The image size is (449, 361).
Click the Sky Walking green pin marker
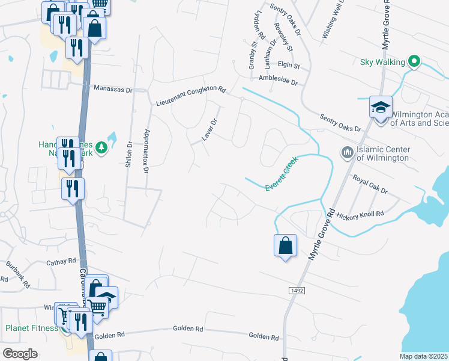pyautogui.click(x=414, y=61)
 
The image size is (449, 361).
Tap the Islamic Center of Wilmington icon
pyautogui.click(x=346, y=153)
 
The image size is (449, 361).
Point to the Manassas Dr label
pyautogui.click(x=113, y=88)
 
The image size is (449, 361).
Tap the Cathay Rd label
pyautogui.click(x=62, y=262)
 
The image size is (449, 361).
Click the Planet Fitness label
pyautogui.click(x=31, y=329)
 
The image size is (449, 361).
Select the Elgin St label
pyautogui.click(x=288, y=65)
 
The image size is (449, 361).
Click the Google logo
pyautogui.click(x=20, y=354)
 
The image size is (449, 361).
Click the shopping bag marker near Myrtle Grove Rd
pyautogui.click(x=285, y=245)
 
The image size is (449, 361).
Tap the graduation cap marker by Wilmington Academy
pyautogui.click(x=381, y=107)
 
